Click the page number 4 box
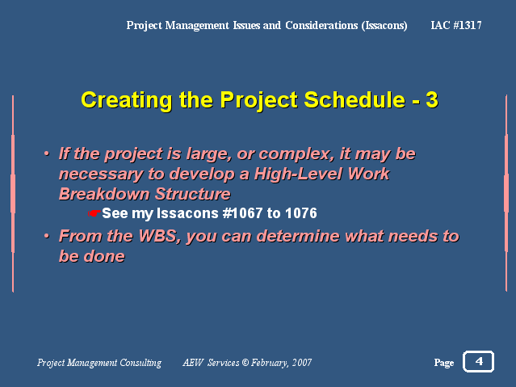(x=478, y=361)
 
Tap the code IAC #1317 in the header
(x=456, y=25)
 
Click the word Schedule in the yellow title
(x=354, y=100)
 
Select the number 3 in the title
(x=432, y=100)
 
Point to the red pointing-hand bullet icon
(x=94, y=213)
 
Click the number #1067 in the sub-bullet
(x=242, y=213)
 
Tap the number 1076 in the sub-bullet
(x=300, y=213)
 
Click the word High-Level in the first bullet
(x=298, y=174)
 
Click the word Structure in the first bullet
(x=193, y=194)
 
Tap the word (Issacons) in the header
(x=384, y=25)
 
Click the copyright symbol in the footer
(x=245, y=363)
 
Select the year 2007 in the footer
(x=302, y=363)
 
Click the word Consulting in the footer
(x=141, y=363)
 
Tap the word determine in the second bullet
(x=298, y=236)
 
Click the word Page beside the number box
(x=444, y=363)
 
